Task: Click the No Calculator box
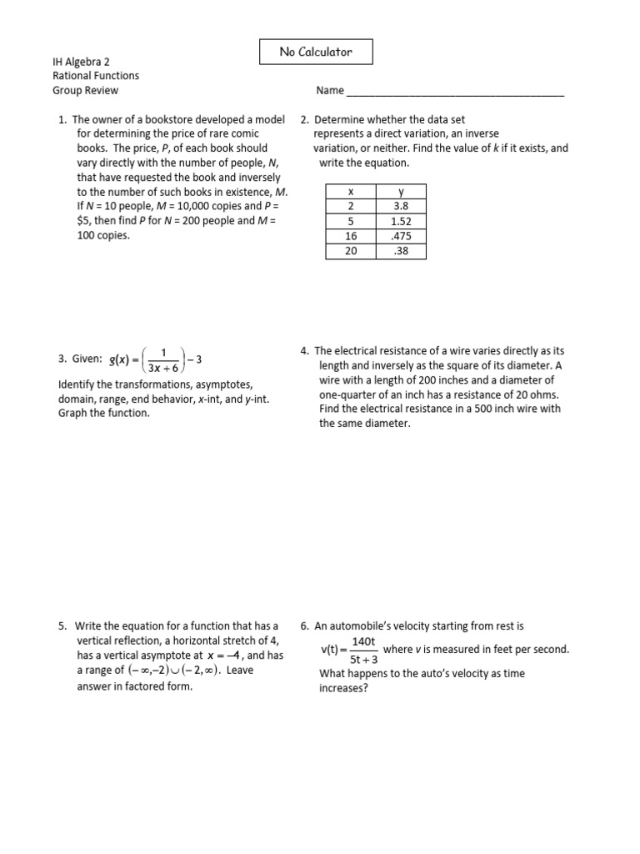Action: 316,52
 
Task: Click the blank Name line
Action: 454,91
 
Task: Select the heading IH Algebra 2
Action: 82,62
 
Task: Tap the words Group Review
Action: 85,90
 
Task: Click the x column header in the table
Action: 350,192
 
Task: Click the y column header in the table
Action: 401,192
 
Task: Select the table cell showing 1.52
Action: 401,221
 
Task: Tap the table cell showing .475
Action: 401,236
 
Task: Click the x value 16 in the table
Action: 350,236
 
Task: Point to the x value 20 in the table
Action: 350,250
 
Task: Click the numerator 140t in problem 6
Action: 364,641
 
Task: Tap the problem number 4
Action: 304,351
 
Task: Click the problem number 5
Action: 62,625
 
